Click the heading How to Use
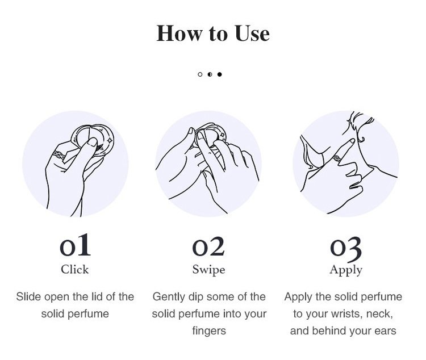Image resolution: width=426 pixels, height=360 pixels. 213,33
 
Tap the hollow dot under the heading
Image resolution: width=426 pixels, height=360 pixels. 200,74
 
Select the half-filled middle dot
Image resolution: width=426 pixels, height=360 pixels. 210,74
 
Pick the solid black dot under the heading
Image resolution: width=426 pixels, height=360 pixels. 219,74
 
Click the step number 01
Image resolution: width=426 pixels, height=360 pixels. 75,245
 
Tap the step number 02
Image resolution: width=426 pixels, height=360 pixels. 208,246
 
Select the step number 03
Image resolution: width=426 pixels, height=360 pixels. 346,248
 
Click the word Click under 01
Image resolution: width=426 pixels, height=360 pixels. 75,270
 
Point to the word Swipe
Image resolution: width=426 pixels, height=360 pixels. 208,270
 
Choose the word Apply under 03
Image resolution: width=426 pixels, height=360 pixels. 346,270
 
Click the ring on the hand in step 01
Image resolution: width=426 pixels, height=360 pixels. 59,156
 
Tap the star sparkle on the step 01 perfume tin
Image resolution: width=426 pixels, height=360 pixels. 110,140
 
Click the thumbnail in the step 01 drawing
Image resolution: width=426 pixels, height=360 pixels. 93,142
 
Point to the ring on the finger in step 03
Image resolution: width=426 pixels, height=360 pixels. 337,158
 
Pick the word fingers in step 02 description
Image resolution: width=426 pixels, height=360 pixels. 209,331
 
